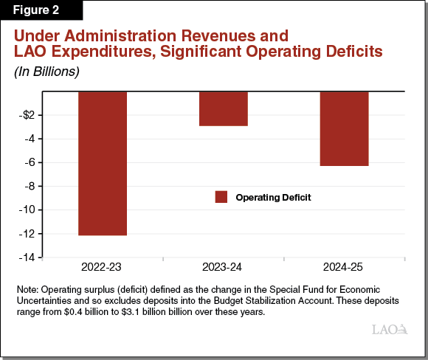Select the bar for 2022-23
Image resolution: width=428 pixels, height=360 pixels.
pyautogui.click(x=103, y=163)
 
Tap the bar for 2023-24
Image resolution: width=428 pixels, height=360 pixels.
pyautogui.click(x=223, y=108)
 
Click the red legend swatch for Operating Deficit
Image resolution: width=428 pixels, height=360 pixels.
pyautogui.click(x=221, y=197)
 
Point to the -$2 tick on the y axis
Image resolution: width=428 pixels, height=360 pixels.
pyautogui.click(x=27, y=115)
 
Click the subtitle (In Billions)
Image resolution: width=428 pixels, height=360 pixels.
pyautogui.click(x=46, y=72)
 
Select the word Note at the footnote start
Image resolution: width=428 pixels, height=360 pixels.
pyautogui.click(x=32, y=289)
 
